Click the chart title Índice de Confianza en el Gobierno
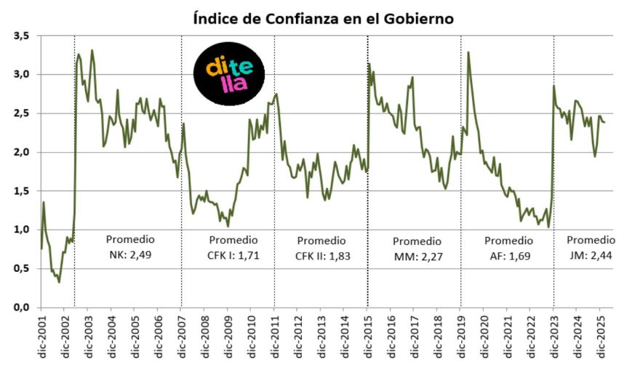(x=323, y=18)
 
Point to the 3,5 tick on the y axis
(x=20, y=36)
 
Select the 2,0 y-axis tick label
(x=20, y=152)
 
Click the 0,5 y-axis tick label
(x=20, y=268)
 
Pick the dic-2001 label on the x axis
(x=41, y=337)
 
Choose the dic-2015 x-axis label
(x=367, y=337)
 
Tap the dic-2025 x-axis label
(x=600, y=337)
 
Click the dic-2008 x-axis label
(x=204, y=337)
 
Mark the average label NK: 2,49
(x=130, y=254)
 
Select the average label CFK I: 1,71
(x=233, y=254)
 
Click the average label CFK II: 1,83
(x=321, y=254)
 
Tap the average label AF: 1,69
(x=508, y=254)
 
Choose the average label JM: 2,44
(x=590, y=254)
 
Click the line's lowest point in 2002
(x=59, y=282)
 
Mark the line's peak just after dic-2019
(x=468, y=52)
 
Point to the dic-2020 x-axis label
(x=484, y=337)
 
